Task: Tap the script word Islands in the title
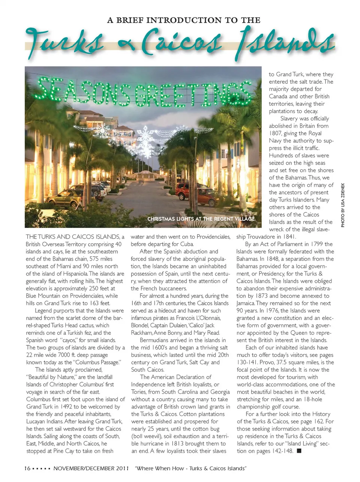point(285,42)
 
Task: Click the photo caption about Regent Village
point(201,219)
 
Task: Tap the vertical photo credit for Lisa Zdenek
point(343,205)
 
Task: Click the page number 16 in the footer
point(27,468)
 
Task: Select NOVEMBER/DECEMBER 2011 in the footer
point(91,468)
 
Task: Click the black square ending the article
point(299,451)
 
